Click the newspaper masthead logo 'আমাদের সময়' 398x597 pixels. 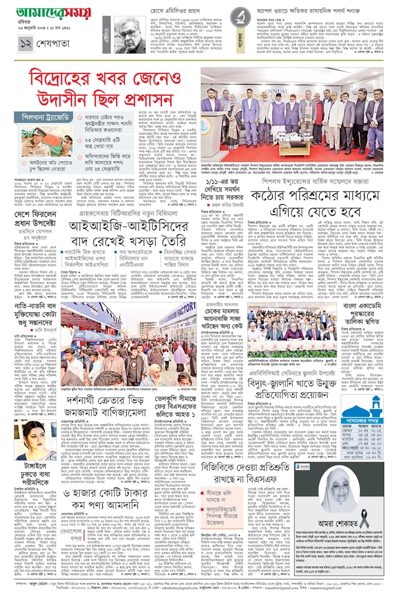53,13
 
